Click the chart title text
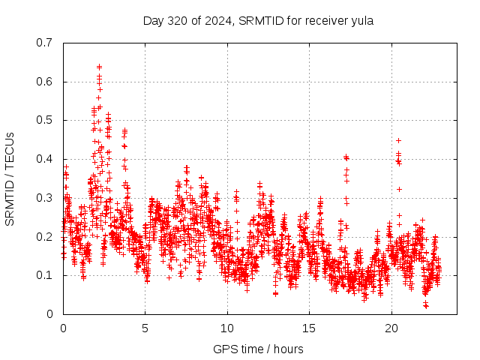258,20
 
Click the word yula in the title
361,20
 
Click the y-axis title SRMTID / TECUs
10,178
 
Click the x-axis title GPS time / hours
258,349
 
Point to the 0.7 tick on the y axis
46,43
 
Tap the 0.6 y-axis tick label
46,82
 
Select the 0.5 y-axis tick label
46,120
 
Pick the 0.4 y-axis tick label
46,159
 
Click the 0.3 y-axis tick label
46,198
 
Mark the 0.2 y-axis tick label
46,236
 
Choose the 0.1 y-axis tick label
46,275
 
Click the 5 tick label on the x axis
145,328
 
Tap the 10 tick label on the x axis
227,328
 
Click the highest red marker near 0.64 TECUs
99,66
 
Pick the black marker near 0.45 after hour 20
398,140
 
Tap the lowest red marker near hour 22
426,306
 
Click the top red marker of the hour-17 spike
346,157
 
